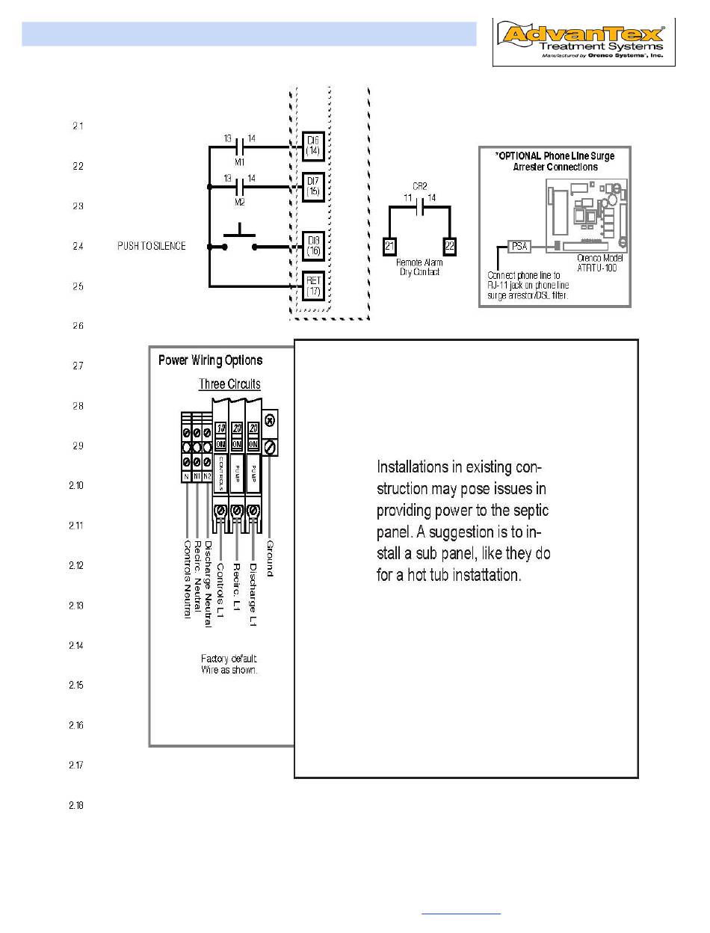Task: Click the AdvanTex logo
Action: pos(584,43)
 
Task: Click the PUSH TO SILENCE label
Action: pos(152,246)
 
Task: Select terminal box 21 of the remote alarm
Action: pos(389,245)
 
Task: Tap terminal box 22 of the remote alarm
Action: pos(450,245)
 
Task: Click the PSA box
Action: pos(519,245)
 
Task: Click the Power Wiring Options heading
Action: pos(210,360)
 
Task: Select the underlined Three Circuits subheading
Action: pos(229,384)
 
